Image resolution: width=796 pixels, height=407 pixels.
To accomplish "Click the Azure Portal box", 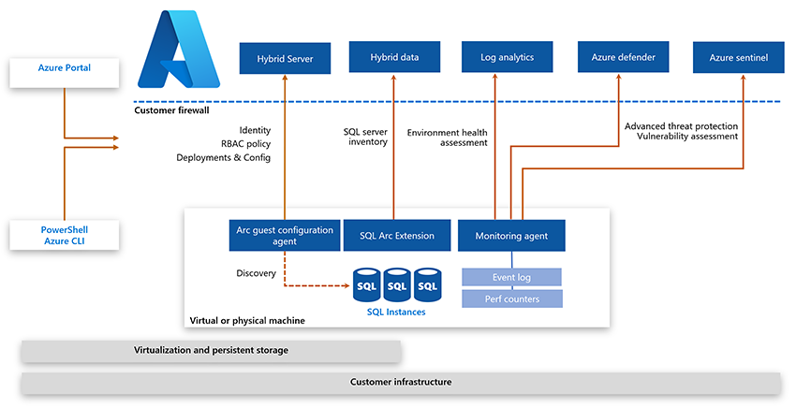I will click(x=65, y=68).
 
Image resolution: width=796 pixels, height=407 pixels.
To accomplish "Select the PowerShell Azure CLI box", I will click(x=65, y=236).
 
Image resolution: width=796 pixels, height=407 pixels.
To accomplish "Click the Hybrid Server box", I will click(x=285, y=58).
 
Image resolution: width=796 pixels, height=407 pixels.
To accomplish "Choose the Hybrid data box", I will click(x=394, y=57).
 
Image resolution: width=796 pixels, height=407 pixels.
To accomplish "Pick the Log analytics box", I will click(x=507, y=57).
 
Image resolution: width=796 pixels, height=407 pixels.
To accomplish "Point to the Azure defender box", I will click(x=623, y=57).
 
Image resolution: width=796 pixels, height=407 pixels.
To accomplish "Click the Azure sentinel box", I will click(x=738, y=58).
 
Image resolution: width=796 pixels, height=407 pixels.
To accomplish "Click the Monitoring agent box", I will click(x=511, y=236).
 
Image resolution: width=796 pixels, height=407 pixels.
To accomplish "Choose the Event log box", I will click(x=512, y=277).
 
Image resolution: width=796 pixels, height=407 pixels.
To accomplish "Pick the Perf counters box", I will click(x=512, y=298).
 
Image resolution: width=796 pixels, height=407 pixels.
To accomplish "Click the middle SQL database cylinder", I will click(x=396, y=284).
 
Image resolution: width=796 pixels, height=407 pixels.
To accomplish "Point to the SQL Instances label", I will click(x=396, y=312).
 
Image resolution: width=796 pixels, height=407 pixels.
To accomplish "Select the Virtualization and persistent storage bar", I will click(x=211, y=351).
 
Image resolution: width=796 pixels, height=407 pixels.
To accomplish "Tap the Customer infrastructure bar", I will click(x=401, y=383).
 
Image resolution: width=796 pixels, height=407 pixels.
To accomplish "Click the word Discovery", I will click(x=256, y=273).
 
